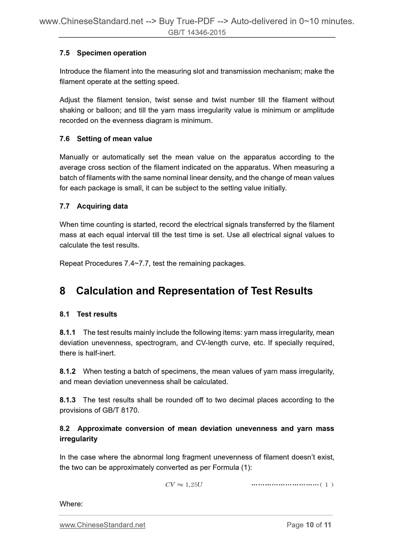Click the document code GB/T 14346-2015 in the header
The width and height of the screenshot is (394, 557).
[197, 33]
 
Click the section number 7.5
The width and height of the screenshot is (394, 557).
[65, 53]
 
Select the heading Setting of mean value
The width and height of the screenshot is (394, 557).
[114, 139]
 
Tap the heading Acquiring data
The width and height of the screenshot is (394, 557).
[102, 206]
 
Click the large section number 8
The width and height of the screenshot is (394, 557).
[62, 291]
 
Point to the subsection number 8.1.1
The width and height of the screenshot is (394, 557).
[67, 332]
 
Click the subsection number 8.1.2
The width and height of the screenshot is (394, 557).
[67, 371]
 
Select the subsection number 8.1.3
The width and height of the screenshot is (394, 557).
[67, 400]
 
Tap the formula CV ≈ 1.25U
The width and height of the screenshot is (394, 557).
[184, 485]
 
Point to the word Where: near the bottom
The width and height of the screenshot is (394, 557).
[71, 504]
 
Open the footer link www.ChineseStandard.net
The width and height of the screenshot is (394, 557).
[102, 525]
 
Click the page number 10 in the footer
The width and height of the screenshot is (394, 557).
[309, 525]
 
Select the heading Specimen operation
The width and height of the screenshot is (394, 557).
[112, 53]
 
